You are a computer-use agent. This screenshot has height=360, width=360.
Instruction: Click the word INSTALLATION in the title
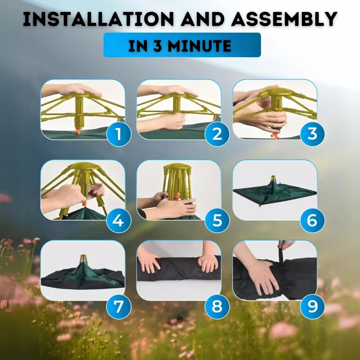pos(98,19)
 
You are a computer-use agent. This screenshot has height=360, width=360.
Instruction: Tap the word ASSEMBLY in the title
pos(284,19)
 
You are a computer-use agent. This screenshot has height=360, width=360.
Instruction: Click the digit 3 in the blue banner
pos(157,46)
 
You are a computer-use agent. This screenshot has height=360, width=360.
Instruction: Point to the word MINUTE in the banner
pos(200,46)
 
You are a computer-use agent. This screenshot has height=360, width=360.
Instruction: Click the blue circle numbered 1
pos(119,134)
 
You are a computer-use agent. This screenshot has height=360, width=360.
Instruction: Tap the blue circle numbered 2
pos(217,134)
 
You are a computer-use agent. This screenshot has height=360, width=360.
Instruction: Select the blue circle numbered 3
pos(312,134)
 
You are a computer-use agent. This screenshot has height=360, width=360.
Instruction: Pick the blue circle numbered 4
pos(119,221)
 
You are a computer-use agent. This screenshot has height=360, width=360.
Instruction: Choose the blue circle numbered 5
pos(217,221)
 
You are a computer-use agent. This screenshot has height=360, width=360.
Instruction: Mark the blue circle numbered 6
pos(312,221)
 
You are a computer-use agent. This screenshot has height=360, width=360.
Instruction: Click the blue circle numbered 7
pos(119,307)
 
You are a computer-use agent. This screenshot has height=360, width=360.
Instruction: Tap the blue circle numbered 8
pos(217,307)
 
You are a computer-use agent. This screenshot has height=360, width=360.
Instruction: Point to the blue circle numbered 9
pos(312,307)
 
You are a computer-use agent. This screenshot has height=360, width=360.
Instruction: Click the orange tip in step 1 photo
pos(78,132)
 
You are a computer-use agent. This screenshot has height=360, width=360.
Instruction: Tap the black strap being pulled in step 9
pos(281,255)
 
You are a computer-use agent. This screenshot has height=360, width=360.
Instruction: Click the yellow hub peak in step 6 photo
pos(273,178)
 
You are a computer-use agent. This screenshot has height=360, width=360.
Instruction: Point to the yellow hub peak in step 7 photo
pos(83,258)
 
